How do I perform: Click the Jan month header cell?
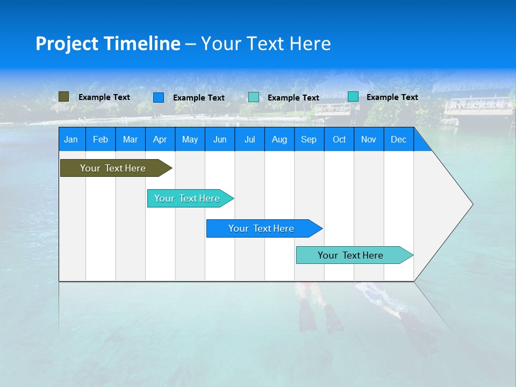(71, 139)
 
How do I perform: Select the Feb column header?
(101, 139)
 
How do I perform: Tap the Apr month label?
(160, 139)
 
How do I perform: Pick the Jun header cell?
(220, 139)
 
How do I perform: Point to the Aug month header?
(279, 139)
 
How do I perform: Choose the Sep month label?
(309, 139)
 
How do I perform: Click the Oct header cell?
(339, 139)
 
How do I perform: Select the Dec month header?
(398, 139)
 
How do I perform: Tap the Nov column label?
(369, 139)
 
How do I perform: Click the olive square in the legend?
(63, 97)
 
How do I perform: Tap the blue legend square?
(159, 97)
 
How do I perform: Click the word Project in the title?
(67, 44)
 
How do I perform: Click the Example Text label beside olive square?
(104, 97)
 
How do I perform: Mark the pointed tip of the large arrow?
(472, 204)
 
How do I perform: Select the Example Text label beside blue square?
(199, 98)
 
